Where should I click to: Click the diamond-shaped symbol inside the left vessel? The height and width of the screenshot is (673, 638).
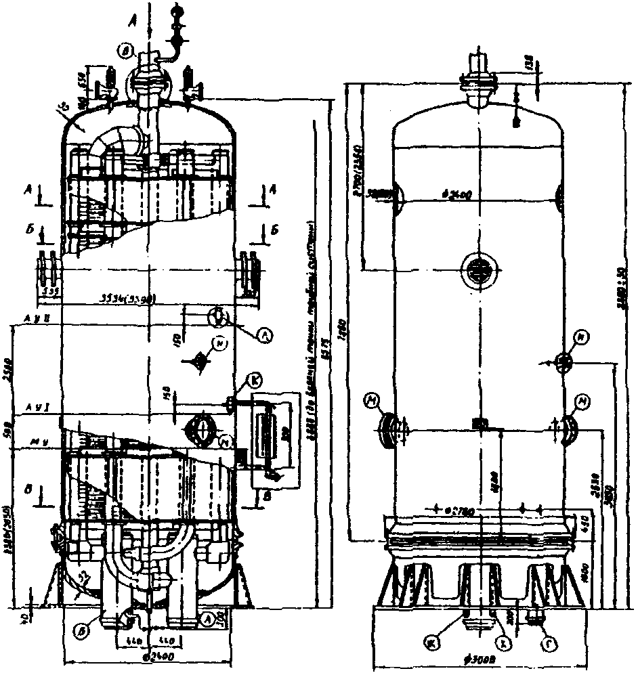200,360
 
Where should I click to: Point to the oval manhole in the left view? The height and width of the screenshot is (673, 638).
200,429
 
